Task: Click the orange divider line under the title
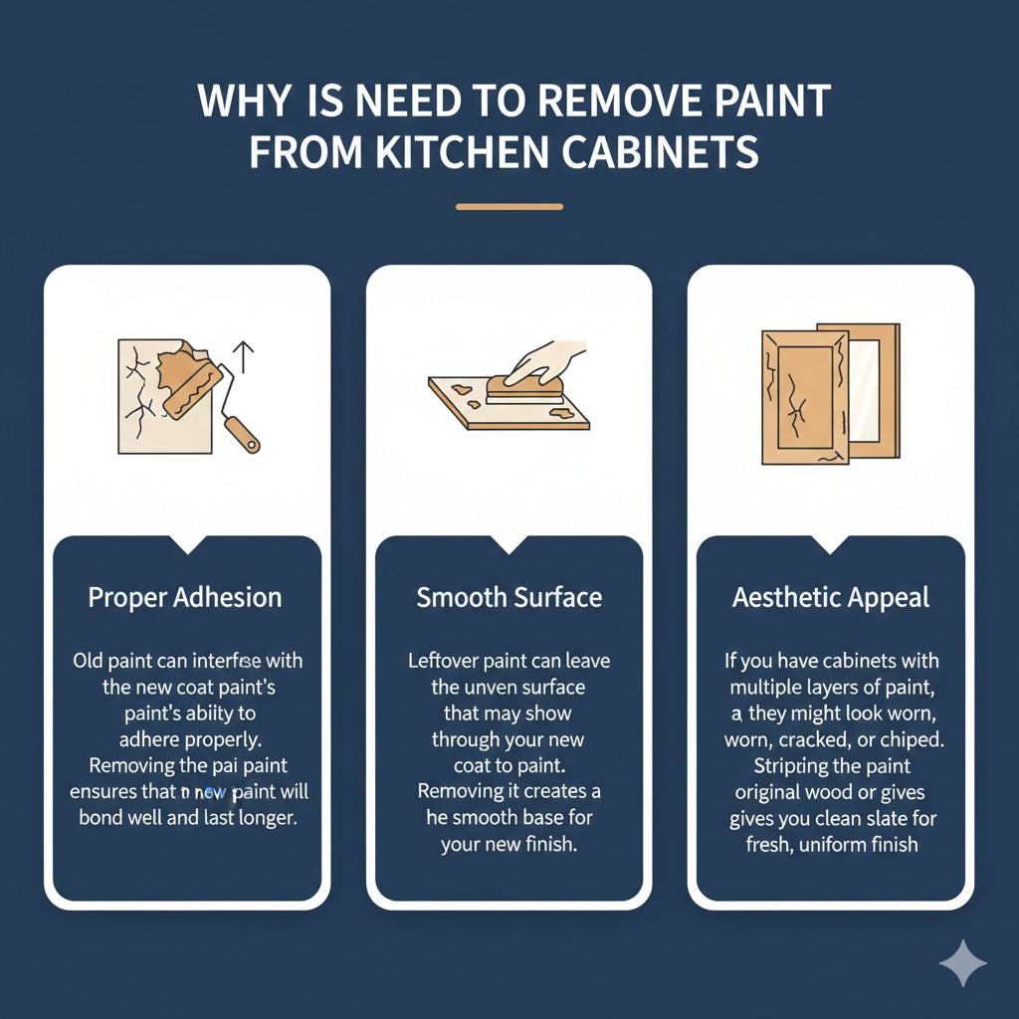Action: click(509, 207)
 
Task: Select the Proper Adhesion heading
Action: click(185, 597)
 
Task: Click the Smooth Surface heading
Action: click(509, 597)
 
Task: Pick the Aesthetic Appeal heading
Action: click(831, 597)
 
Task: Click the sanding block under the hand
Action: click(523, 391)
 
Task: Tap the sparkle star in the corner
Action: click(962, 963)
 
